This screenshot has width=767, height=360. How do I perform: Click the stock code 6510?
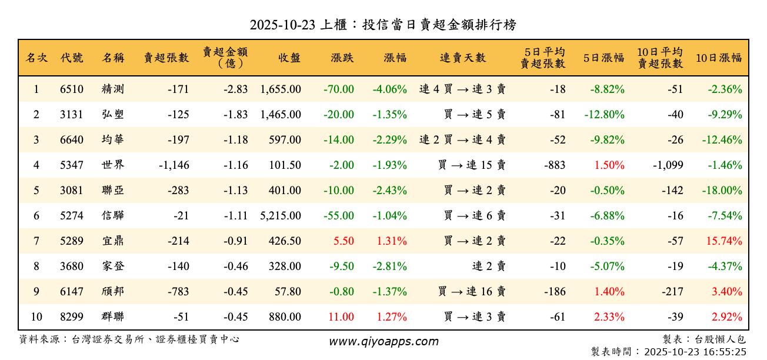pos(72,89)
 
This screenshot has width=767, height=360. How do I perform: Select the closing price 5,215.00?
pos(281,216)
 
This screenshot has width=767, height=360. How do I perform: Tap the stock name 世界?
pos(112,165)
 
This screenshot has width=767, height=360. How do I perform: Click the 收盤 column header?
pos(289,58)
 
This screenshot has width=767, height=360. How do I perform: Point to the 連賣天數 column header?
pos(463,58)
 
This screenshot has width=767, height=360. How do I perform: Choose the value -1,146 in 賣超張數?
pos(174,165)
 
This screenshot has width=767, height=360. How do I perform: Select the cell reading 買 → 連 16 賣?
pos(472,292)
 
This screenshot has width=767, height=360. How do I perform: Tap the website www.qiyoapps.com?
pos(383,342)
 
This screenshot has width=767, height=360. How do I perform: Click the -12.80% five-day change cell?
pos(604,115)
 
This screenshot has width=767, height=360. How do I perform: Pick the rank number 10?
pos(36,317)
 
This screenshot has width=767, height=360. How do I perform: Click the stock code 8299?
pos(72,317)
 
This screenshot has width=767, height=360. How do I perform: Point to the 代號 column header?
pos(72,58)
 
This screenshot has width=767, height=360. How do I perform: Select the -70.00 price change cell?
pos(339,89)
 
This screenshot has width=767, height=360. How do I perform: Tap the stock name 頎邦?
pos(112,292)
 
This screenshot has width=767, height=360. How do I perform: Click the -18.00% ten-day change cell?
pos(722,191)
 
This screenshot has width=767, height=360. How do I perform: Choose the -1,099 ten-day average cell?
pos(668,165)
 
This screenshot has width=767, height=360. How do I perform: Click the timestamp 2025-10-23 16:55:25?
pos(695,352)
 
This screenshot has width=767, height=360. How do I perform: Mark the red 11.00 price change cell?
pos(341,317)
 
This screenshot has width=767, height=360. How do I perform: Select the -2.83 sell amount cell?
pos(235,89)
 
